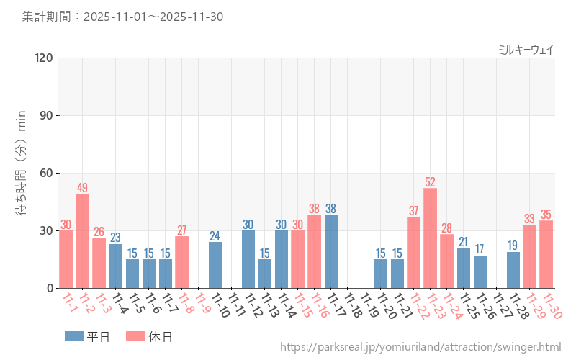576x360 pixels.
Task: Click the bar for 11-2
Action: pyautogui.click(x=83, y=241)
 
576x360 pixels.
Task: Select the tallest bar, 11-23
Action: pyautogui.click(x=431, y=238)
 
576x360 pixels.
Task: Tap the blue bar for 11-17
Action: pyautogui.click(x=331, y=251)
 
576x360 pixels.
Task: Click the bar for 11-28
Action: pyautogui.click(x=513, y=270)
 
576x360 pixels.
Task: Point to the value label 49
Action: pyautogui.click(x=83, y=188)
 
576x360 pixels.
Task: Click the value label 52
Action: pyautogui.click(x=431, y=182)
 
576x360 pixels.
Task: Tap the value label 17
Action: pyautogui.click(x=480, y=249)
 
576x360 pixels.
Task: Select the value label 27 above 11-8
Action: pyautogui.click(x=182, y=230)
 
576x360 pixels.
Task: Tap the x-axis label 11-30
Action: pyautogui.click(x=551, y=306)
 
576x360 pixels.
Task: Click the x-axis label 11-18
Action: pyautogui.click(x=352, y=306)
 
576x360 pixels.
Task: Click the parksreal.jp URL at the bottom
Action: pyautogui.click(x=420, y=347)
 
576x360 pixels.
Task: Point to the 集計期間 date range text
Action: pyautogui.click(x=122, y=16)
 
